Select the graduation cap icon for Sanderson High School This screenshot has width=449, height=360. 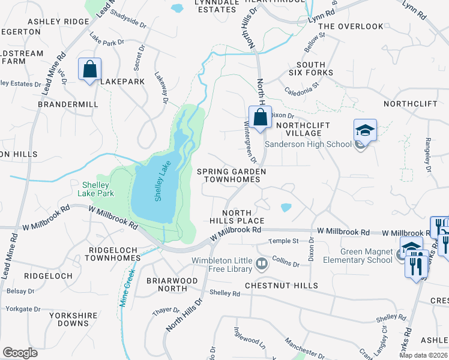click(364, 131)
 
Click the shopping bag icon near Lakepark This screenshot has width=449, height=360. click(89, 69)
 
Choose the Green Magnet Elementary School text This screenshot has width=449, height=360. click(357, 256)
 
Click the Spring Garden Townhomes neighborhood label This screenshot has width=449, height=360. click(231, 175)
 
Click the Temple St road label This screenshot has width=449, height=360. click(284, 241)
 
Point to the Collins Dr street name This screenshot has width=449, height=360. click(285, 262)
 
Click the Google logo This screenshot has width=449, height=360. click(20, 352)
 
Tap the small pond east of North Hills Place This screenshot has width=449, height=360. click(286, 208)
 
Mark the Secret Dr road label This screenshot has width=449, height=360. click(140, 56)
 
